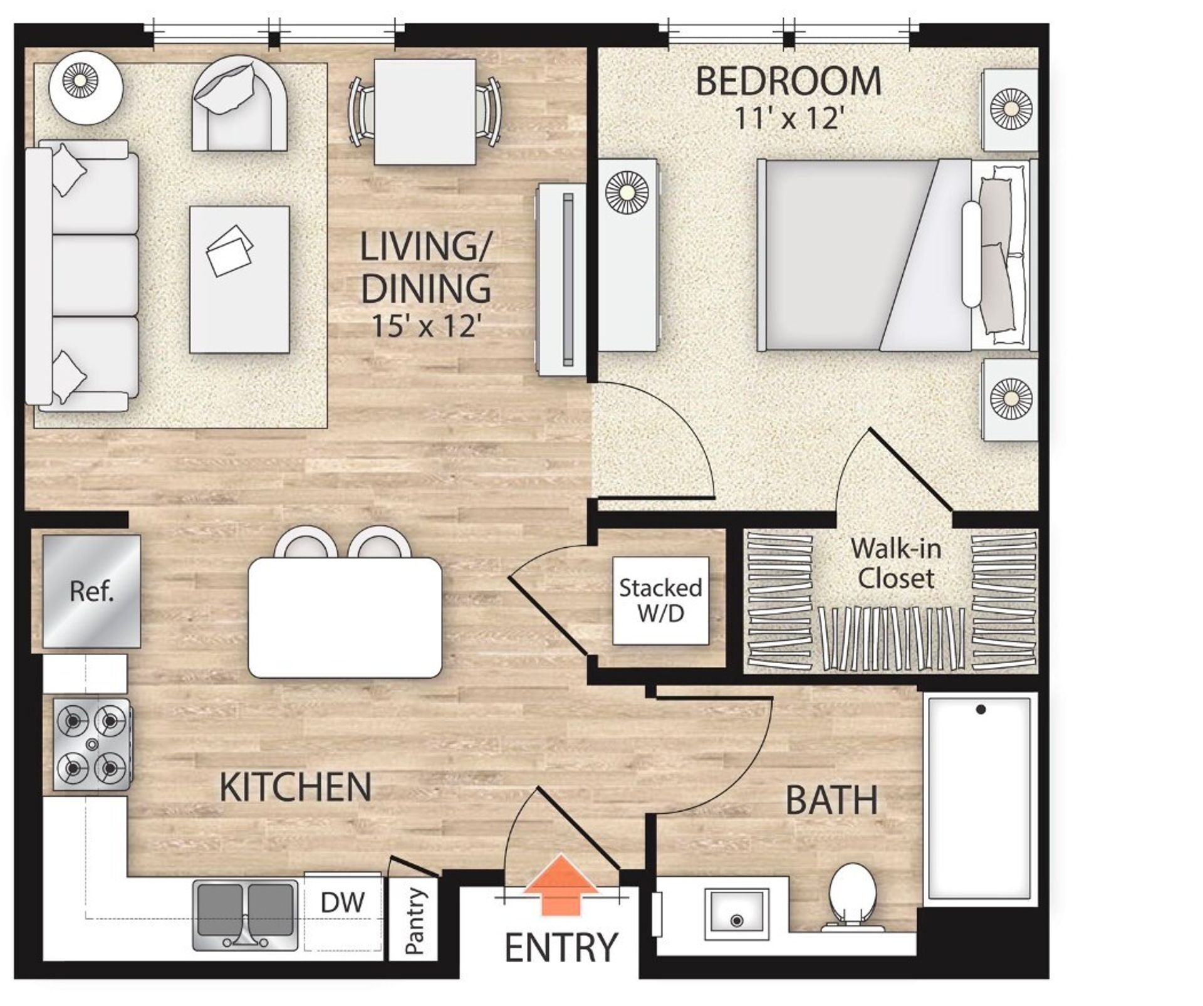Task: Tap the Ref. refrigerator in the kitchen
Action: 91,591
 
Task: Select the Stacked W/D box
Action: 660,600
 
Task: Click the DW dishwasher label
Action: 342,903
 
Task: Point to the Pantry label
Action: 414,921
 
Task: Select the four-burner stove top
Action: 92,744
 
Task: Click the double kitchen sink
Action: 245,915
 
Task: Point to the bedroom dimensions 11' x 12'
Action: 787,118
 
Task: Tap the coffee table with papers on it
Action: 239,279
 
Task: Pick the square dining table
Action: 425,112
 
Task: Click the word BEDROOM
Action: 788,81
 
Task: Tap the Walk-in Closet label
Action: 896,563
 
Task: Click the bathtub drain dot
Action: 981,710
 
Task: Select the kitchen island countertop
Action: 345,617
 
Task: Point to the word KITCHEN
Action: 295,787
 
